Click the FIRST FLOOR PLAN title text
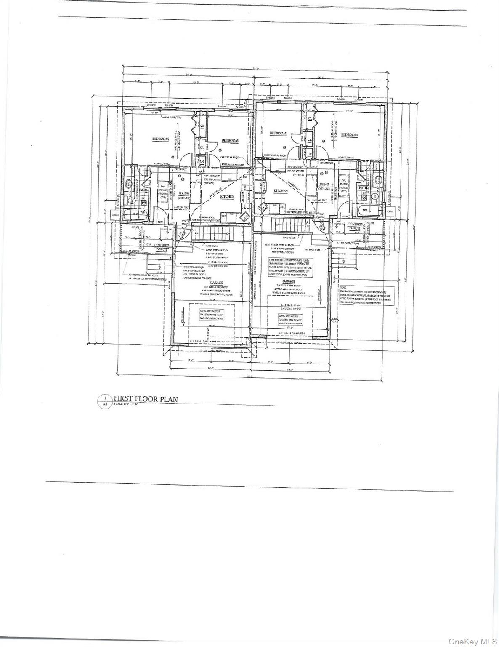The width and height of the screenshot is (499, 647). click(x=146, y=399)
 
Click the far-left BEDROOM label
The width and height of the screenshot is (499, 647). click(x=160, y=139)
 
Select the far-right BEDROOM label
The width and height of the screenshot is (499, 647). click(x=349, y=135)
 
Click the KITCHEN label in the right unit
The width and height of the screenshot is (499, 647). click(x=281, y=191)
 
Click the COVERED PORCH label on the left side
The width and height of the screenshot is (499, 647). click(x=162, y=247)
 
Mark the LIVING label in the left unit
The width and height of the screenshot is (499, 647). click(x=184, y=193)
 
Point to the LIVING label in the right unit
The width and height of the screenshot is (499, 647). click(x=323, y=184)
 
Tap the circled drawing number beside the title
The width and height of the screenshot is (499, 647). click(x=105, y=398)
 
